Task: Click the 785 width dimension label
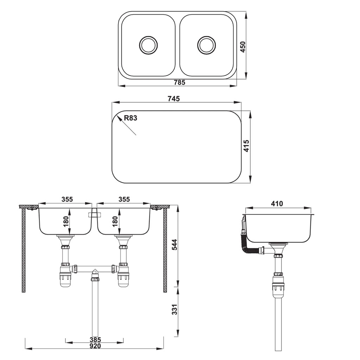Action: coord(179,83)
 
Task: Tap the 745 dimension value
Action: coord(174,99)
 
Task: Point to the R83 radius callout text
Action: coord(130,118)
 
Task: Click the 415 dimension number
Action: coord(246,146)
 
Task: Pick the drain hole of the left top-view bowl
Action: coord(148,45)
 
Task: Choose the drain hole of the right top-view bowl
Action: coord(207,45)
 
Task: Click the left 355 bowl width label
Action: coord(67,199)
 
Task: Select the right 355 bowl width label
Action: coord(124,199)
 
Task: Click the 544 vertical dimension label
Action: coord(175,245)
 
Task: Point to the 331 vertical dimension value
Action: coord(175,309)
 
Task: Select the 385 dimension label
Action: coord(95,340)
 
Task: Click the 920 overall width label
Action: coord(95,346)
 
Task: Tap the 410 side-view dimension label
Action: coord(277,204)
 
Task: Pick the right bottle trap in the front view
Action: coord(123,276)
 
